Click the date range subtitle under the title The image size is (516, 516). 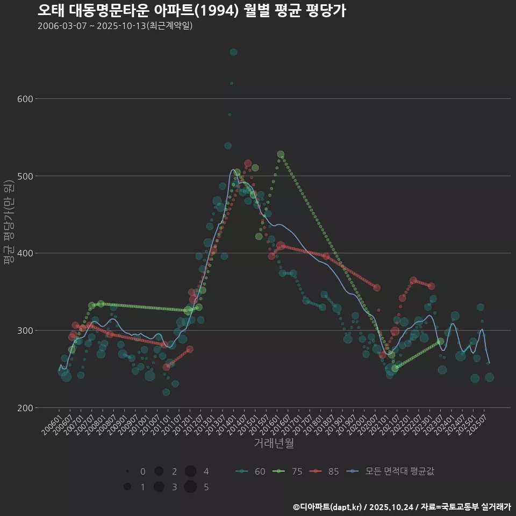tap(115, 26)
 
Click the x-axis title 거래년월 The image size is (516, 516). tap(274, 443)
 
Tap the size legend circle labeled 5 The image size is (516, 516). tap(190, 487)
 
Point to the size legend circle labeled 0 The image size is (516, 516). tap(127, 471)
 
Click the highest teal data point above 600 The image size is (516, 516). tap(233, 52)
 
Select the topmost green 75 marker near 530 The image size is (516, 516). tap(281, 155)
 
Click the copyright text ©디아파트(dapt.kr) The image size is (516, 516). tap(327, 507)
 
